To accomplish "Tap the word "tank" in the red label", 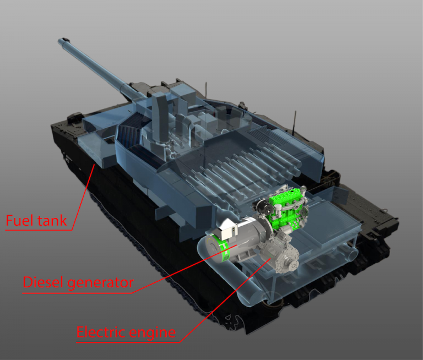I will point(51,221).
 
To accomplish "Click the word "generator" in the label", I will point(102,283).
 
